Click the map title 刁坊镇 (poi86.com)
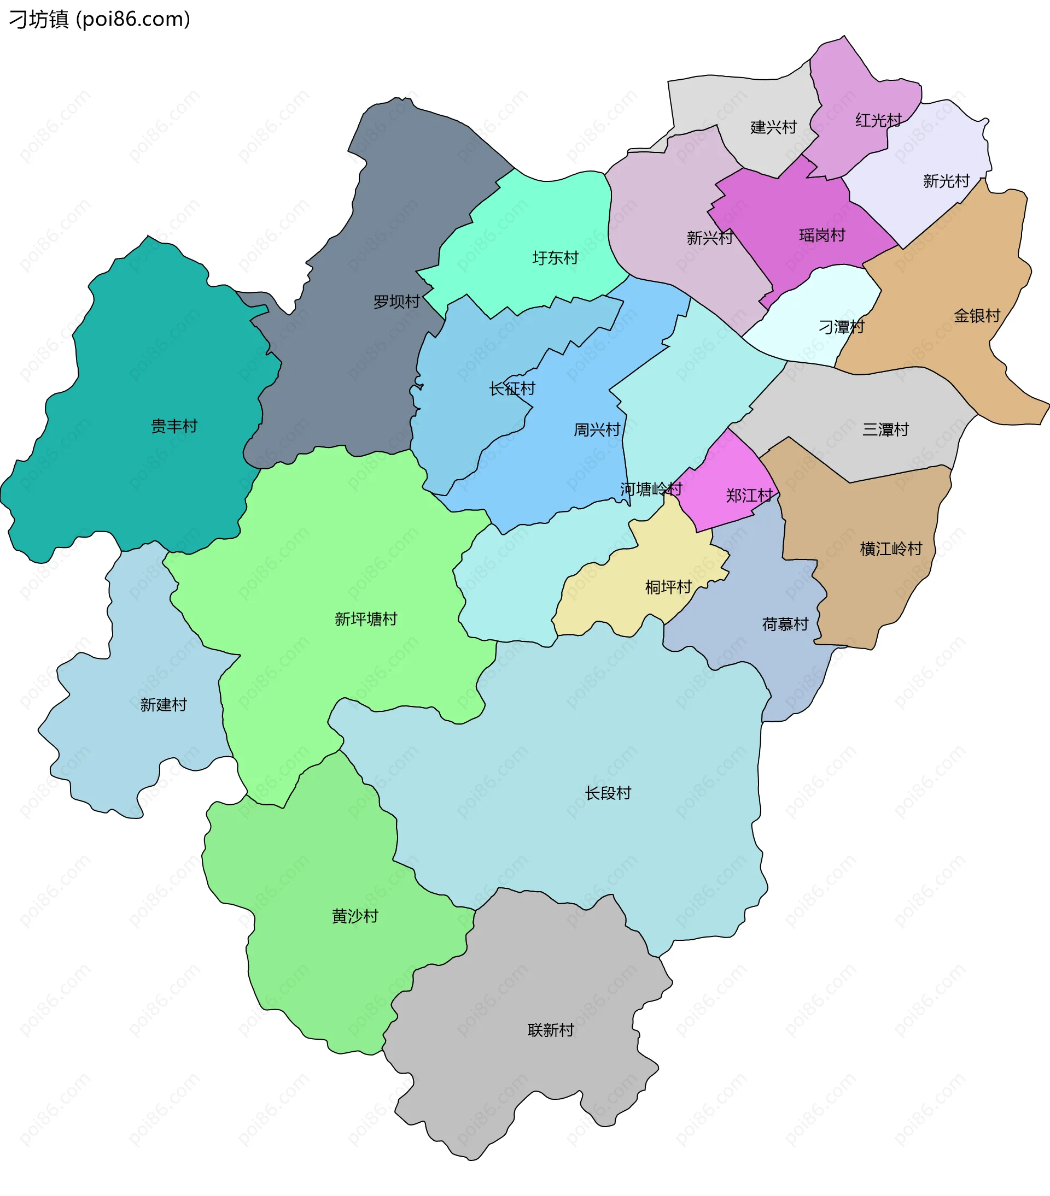pyautogui.click(x=100, y=19)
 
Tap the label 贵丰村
pyautogui.click(x=174, y=426)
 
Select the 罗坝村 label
pyautogui.click(x=396, y=302)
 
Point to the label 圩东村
pyautogui.click(x=555, y=258)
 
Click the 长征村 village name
pyautogui.click(x=512, y=388)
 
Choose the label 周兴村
pyautogui.click(x=596, y=430)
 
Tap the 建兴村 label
pyautogui.click(x=774, y=127)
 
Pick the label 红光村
pyautogui.click(x=878, y=121)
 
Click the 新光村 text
pyautogui.click(x=946, y=181)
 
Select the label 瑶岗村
pyautogui.click(x=822, y=236)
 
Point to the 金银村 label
pyautogui.click(x=977, y=316)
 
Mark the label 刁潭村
pyautogui.click(x=841, y=327)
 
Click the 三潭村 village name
pyautogui.click(x=885, y=430)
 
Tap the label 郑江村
pyautogui.click(x=749, y=496)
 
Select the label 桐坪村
pyautogui.click(x=668, y=587)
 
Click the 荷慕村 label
pyautogui.click(x=785, y=624)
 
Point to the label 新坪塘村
pyautogui.click(x=366, y=619)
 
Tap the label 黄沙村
pyautogui.click(x=355, y=916)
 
